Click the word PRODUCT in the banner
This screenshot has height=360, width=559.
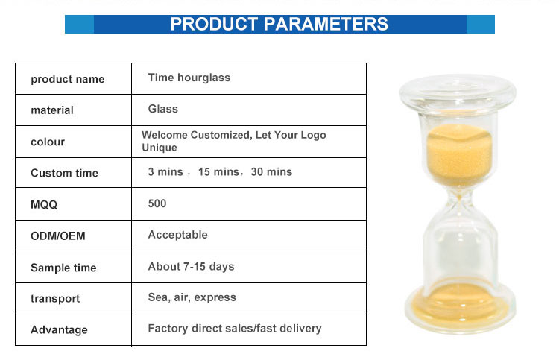pyautogui.click(x=214, y=25)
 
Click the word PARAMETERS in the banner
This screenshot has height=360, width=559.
pyautogui.click(x=326, y=25)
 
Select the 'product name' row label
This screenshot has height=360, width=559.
pyautogui.click(x=67, y=79)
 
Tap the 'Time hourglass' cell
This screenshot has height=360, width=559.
pyautogui.click(x=189, y=78)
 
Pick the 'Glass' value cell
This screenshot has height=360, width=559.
pyautogui.click(x=163, y=109)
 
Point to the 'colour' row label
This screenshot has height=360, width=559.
pyautogui.click(x=48, y=142)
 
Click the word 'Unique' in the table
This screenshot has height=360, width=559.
pyautogui.click(x=160, y=148)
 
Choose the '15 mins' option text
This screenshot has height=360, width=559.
pyautogui.click(x=218, y=172)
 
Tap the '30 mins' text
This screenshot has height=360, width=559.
pyautogui.click(x=271, y=172)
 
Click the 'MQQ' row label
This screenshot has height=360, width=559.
pyautogui.click(x=44, y=204)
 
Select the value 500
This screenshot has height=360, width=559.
pyautogui.click(x=157, y=203)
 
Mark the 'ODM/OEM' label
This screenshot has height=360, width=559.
pyautogui.click(x=57, y=236)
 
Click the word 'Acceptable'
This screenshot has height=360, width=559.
pyautogui.click(x=177, y=235)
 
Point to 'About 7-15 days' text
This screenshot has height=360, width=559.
pyautogui.click(x=191, y=267)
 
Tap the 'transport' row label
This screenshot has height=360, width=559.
pyautogui.click(x=55, y=298)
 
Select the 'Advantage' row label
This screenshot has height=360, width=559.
pyautogui.click(x=59, y=329)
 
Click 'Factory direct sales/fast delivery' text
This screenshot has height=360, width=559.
pyautogui.click(x=235, y=328)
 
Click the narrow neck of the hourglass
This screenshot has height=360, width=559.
pyautogui.click(x=459, y=201)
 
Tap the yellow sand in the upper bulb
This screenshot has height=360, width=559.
pyautogui.click(x=459, y=155)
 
